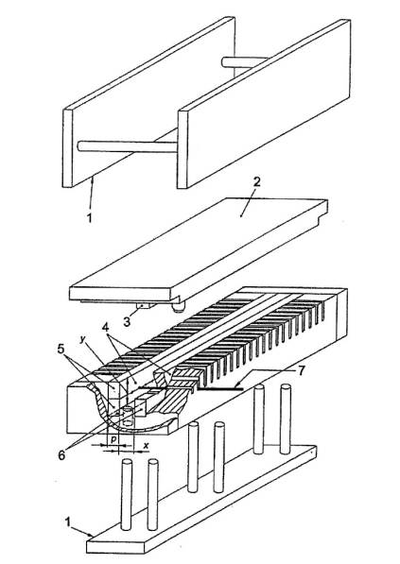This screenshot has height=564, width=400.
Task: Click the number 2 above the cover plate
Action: pos(256,182)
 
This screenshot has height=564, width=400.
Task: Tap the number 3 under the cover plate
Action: pos(127,321)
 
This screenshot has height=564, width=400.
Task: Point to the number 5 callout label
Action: pos(61,349)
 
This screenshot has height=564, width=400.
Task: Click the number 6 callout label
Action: pos(61,454)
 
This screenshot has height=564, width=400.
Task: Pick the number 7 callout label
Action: pos(301,370)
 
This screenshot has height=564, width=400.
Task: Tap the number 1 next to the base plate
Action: pos(68,521)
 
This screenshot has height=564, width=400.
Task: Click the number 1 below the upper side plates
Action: pos(90,217)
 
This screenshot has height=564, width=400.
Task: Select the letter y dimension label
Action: pos(83,340)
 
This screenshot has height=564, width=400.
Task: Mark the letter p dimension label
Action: pos(113,439)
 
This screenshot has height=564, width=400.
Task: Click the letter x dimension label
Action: pos(146,446)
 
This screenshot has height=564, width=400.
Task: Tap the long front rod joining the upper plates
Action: pos(127,146)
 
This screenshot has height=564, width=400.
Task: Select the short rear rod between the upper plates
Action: pos(245,62)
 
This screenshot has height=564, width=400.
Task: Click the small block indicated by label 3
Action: pos(145,306)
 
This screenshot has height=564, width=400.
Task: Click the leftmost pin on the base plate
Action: pos(127,495)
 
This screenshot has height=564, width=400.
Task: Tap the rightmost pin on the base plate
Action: pos(286,419)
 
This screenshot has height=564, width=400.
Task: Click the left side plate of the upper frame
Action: pos(148,102)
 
